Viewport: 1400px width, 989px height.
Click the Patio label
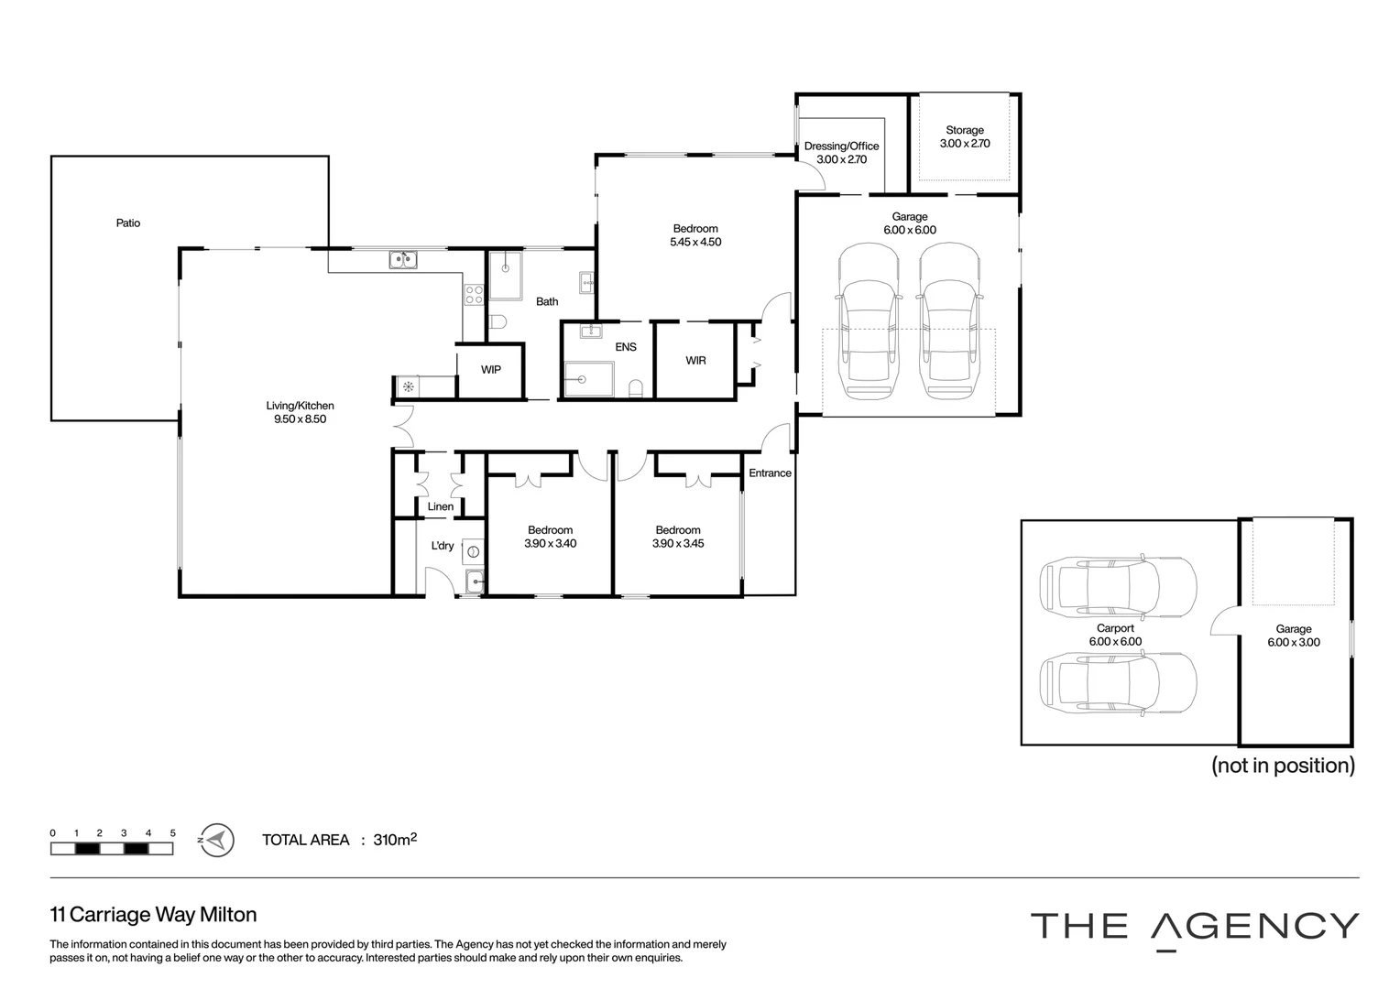(128, 223)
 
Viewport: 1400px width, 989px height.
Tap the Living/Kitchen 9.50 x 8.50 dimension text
(300, 418)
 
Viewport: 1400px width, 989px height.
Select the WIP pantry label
(490, 370)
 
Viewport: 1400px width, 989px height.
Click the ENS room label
(626, 347)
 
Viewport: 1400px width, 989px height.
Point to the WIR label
(695, 361)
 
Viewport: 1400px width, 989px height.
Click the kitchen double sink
(403, 259)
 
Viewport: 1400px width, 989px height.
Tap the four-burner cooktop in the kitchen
(474, 295)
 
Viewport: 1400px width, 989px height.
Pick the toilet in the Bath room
(498, 321)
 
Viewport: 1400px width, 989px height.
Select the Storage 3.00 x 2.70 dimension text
(965, 143)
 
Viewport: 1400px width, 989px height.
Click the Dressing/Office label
(841, 147)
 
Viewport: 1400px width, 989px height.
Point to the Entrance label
(770, 473)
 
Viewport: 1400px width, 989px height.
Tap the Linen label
(441, 506)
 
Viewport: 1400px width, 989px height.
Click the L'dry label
(443, 546)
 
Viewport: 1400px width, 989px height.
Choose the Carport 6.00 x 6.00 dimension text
(1115, 642)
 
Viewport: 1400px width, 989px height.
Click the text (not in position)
(1283, 766)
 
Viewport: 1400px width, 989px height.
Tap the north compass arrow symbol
(216, 841)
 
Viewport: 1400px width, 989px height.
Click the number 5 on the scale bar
(173, 832)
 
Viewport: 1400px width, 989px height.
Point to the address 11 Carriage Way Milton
(153, 915)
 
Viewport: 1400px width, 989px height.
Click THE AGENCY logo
(1195, 927)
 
